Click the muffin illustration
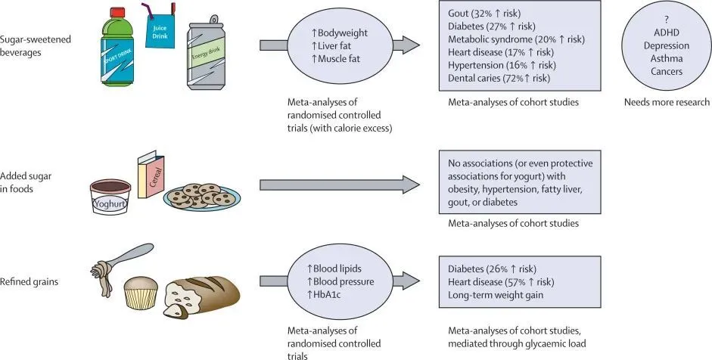(141, 292)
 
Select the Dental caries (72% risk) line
(499, 77)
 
